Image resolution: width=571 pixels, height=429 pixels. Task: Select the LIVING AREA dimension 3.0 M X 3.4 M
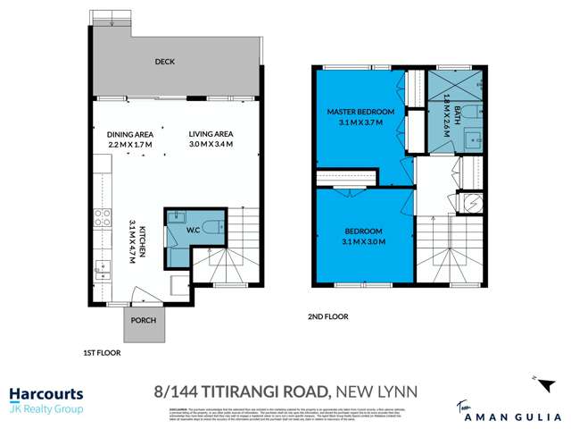211,144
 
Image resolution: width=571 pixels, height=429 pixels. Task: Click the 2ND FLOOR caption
329,316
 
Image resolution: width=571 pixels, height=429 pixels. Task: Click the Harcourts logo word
46,393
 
